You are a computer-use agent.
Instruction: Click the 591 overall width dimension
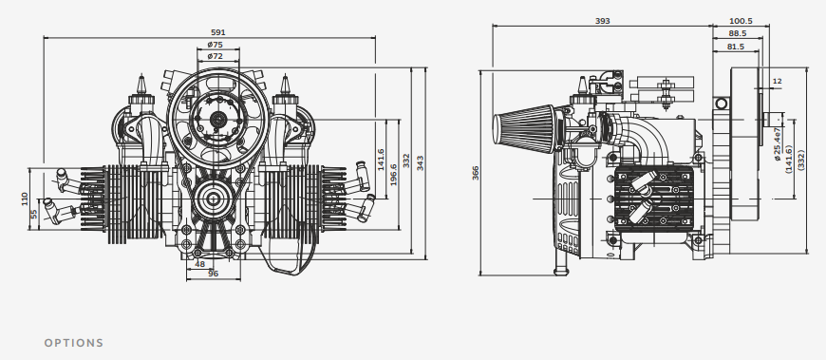click(x=217, y=32)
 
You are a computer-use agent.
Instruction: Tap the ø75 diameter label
click(x=215, y=45)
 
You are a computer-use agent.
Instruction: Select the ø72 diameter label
click(x=215, y=56)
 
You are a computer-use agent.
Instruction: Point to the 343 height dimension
click(x=420, y=162)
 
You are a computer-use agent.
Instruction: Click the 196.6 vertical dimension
click(x=393, y=175)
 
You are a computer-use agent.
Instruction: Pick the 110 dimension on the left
click(x=25, y=199)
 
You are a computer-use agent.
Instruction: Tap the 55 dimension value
click(x=34, y=214)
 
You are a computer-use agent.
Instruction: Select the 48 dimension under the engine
click(x=199, y=264)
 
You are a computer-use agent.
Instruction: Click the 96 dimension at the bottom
click(x=213, y=273)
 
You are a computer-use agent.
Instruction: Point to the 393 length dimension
click(x=602, y=21)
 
